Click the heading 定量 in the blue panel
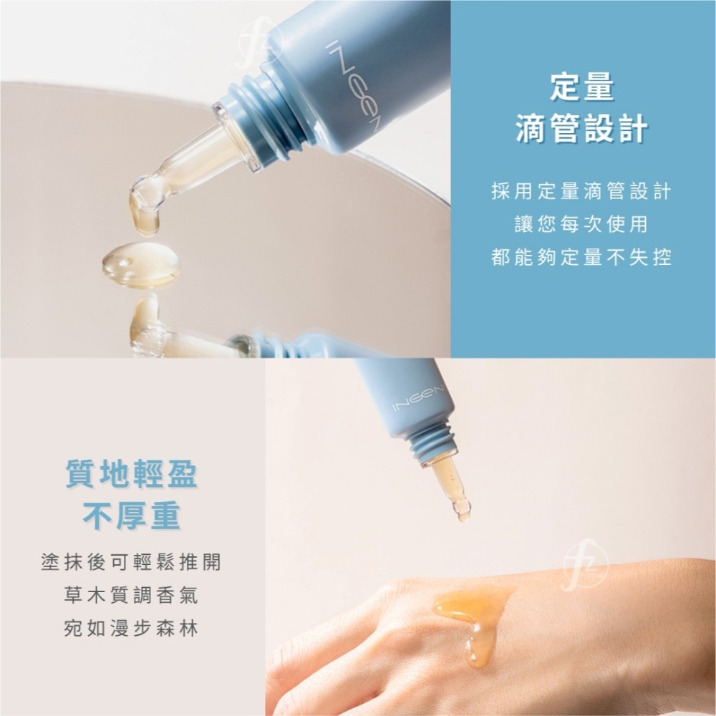pos(581,87)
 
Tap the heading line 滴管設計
pos(581,129)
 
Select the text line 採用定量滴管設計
pos(581,191)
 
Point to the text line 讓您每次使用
pos(581,224)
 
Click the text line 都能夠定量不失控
pos(581,257)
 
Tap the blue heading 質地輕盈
pos(131,475)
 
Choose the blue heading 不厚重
pos(131,516)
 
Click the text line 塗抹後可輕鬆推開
pos(131,562)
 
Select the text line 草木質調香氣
pos(131,595)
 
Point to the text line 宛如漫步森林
pos(131,628)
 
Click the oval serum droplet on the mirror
pos(140,264)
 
